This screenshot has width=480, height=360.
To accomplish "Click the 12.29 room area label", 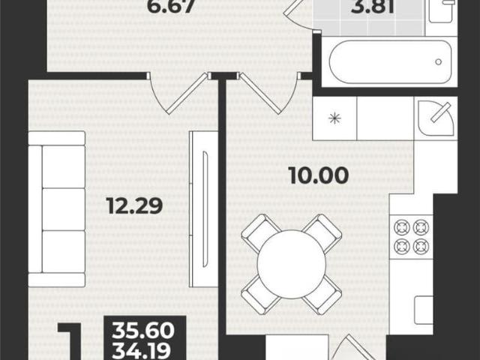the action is click(x=135, y=205).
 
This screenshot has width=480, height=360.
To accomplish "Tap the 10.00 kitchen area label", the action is click(x=319, y=175).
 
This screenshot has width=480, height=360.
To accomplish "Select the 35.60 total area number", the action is click(x=143, y=331).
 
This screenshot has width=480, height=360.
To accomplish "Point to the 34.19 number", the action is click(x=142, y=351).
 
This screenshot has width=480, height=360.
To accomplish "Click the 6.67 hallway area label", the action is click(x=171, y=6).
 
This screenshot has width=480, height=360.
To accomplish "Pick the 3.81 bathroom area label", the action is click(x=373, y=6).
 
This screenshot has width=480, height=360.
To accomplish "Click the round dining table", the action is click(x=292, y=265).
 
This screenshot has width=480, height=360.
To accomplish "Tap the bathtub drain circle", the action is click(x=438, y=61).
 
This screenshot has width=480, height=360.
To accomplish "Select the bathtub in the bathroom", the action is click(x=390, y=61).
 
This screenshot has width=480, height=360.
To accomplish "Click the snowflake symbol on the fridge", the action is click(x=334, y=118).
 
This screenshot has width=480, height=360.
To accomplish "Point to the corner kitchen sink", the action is click(x=436, y=118).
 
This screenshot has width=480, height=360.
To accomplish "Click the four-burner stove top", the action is click(x=411, y=237).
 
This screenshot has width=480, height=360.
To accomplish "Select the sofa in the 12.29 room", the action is click(x=57, y=209).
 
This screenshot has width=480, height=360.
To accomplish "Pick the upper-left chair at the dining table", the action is click(x=262, y=232).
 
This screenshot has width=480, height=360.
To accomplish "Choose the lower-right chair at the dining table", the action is click(x=322, y=295).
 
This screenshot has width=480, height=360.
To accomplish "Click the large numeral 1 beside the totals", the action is click(x=70, y=341).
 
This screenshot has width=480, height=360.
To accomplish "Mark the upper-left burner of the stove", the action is click(x=401, y=227).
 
